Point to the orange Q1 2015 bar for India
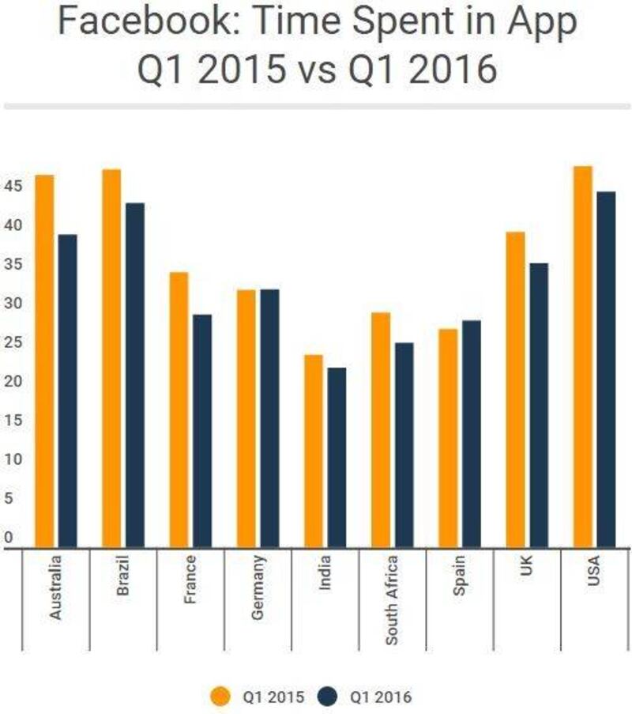click(x=314, y=450)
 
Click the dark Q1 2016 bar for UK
click(x=539, y=404)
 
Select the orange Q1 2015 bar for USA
click(x=582, y=356)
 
